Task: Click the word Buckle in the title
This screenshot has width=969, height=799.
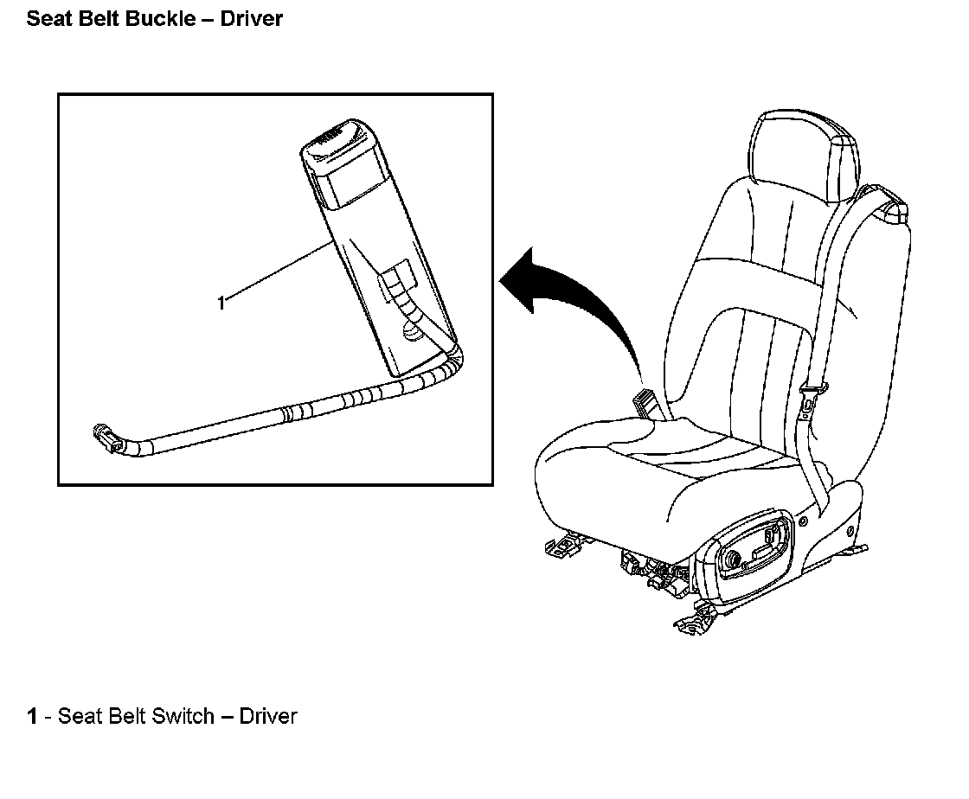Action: (x=162, y=18)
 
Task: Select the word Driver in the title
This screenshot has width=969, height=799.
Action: (x=251, y=18)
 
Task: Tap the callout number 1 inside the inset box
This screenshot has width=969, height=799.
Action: (x=221, y=303)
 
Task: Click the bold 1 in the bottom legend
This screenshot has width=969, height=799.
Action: (x=33, y=716)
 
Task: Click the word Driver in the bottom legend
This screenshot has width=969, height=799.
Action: (x=268, y=716)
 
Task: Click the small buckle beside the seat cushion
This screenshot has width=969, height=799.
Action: (x=647, y=402)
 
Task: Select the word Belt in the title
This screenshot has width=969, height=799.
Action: (x=96, y=18)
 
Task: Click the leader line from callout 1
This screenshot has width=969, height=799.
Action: (x=277, y=273)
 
